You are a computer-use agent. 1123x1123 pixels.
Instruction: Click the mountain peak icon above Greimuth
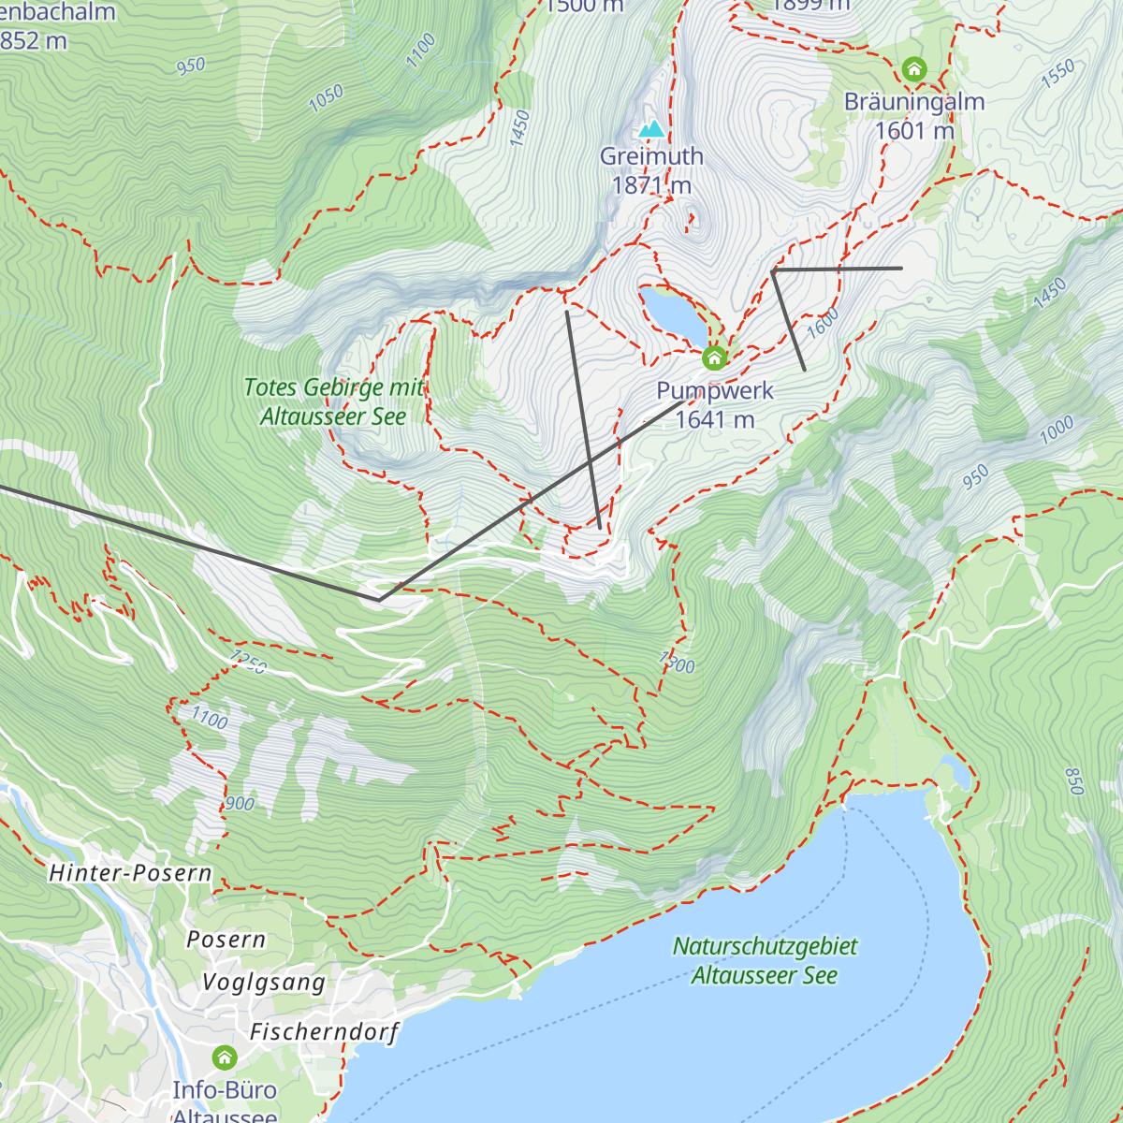[651, 128]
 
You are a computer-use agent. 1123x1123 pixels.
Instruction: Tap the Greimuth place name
[651, 156]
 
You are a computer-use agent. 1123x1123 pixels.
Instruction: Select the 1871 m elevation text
[651, 185]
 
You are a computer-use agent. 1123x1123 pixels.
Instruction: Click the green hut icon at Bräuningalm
[914, 69]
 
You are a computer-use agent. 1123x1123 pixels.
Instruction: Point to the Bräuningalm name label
[914, 102]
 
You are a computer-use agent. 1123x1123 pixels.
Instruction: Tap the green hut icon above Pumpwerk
[714, 358]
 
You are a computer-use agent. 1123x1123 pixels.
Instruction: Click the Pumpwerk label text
[715, 391]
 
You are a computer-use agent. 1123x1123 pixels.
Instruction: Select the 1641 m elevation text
[715, 420]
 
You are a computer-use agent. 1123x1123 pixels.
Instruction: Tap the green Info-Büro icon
[225, 1057]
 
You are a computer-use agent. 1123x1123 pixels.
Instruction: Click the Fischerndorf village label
[324, 1032]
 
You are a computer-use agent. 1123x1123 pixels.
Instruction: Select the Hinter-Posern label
[130, 873]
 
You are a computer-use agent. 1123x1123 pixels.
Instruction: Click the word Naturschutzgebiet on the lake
[765, 946]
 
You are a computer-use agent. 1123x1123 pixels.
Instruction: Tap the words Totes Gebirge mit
[333, 387]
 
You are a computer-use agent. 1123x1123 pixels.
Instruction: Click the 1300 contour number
[677, 663]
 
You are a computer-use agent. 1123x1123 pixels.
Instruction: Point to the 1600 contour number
[823, 323]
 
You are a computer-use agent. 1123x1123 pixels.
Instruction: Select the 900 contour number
[240, 804]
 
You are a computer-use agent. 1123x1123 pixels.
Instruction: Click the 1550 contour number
[1057, 75]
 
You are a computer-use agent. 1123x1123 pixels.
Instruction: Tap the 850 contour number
[1074, 780]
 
